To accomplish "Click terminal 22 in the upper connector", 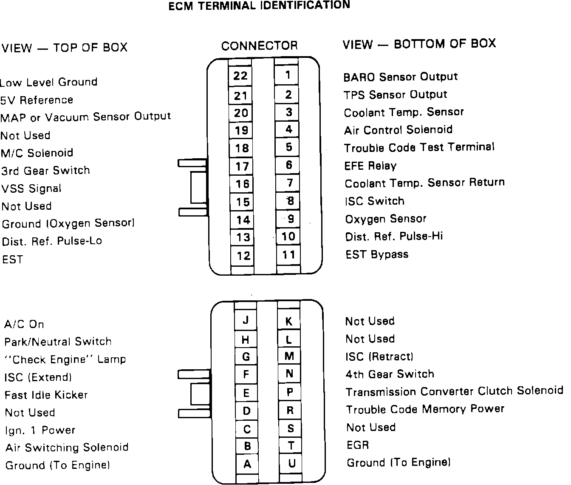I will coord(240,76).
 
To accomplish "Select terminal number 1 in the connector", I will coord(288,75).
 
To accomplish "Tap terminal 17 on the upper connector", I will coord(242,166).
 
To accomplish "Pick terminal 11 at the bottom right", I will coord(288,255).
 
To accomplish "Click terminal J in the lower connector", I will coord(246,320).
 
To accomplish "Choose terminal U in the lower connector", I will coord(291,463).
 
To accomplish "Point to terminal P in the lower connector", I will coord(290,392).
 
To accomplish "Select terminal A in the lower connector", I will coord(247,464).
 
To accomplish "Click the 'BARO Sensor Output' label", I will coord(400,77).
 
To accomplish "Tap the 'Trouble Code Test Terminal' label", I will coord(419,148).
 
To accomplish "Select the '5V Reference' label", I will coord(37,100).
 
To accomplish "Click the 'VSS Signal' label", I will coord(31,188).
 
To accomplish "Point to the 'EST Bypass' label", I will coord(377,254).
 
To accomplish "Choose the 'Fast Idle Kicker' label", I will coord(46,395).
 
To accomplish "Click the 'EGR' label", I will coord(358,445).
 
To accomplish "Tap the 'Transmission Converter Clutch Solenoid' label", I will coord(454,391).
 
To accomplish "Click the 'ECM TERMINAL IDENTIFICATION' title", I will coord(259,6).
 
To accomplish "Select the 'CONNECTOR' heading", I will coord(260,46).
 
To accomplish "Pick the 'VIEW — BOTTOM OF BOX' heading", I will coord(419,44).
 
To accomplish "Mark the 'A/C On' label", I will coord(24,324).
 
